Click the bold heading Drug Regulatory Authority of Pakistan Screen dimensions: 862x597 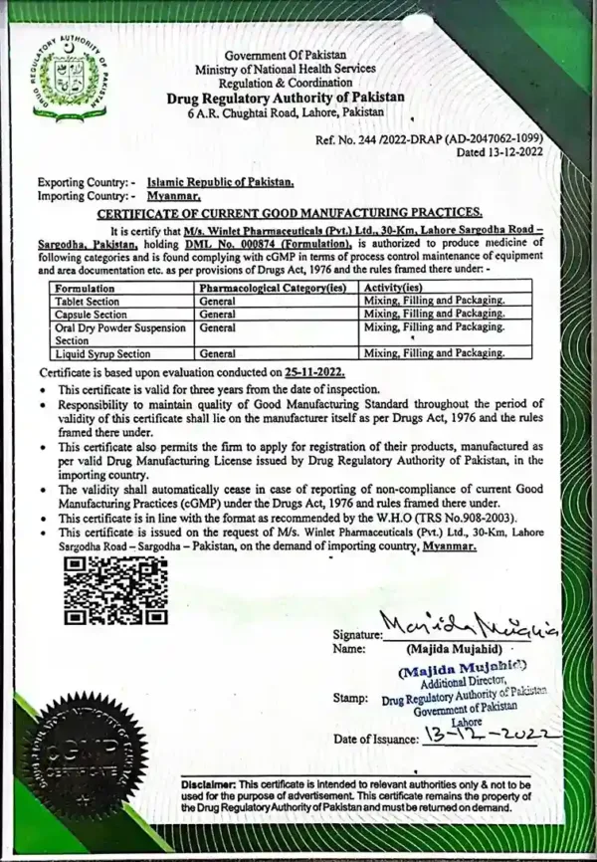tap(286, 97)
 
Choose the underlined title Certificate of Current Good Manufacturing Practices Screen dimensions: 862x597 tap(289, 213)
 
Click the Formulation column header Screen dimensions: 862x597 tap(84, 287)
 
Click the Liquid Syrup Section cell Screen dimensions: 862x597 tap(103, 353)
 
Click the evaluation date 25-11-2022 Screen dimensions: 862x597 tap(319, 371)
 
